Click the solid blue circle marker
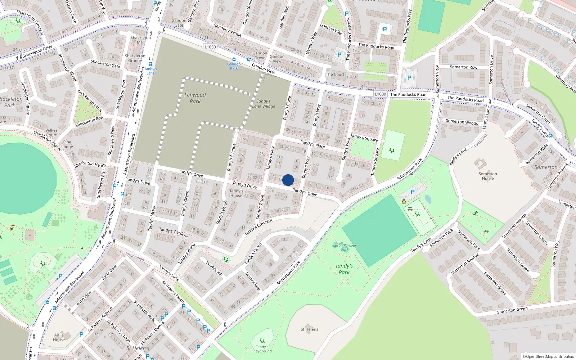pos(288,180)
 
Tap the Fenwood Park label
pos(195,98)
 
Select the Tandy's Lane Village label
pos(264,104)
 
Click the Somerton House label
pos(488,176)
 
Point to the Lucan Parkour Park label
pos(345,247)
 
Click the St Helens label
pos(309,329)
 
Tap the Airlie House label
pos(59,337)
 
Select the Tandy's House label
pos(236,193)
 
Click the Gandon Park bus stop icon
pos(234,59)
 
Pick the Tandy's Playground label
pos(262,349)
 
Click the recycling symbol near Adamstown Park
pos(404,202)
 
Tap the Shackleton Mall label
pos(141,40)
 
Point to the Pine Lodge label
pos(67,144)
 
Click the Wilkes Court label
pos(51,132)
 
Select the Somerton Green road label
pos(512,310)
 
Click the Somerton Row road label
pos(463,67)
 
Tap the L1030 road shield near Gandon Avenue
pos(210,47)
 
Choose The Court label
pos(335,75)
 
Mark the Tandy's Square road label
pos(364,137)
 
